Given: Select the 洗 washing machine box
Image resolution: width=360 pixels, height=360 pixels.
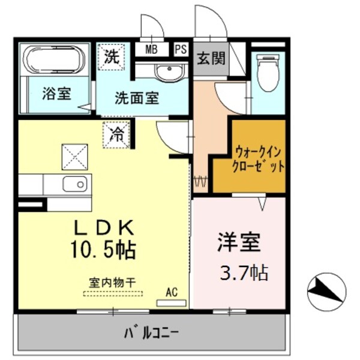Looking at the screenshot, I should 112,58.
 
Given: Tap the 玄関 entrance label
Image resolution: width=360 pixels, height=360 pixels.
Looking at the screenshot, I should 211,58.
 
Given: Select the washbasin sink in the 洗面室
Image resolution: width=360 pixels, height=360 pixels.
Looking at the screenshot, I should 169,73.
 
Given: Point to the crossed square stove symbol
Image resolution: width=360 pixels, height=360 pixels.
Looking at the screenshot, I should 74,158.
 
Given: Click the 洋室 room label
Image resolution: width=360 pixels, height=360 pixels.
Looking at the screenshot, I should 238,243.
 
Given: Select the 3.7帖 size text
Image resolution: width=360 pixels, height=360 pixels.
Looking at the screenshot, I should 245,273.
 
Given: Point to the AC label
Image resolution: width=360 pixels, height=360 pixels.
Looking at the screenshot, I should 172,292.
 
